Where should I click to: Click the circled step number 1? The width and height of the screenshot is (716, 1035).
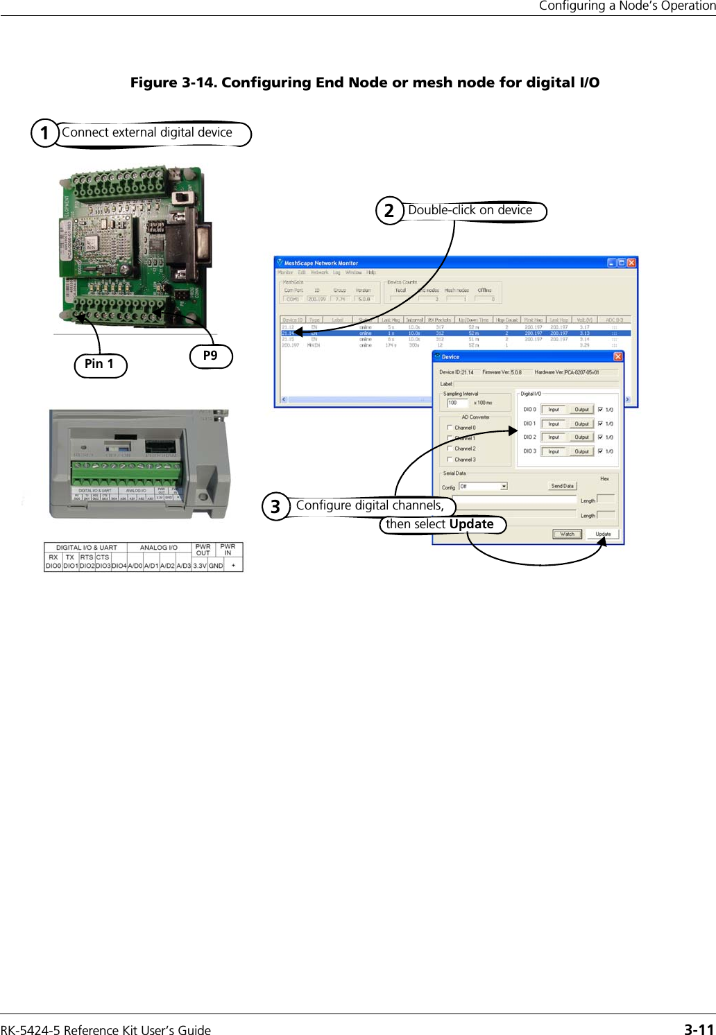[x=45, y=132]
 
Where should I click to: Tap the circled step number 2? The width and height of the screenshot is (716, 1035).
[x=389, y=210]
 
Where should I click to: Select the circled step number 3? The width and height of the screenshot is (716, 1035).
[x=275, y=506]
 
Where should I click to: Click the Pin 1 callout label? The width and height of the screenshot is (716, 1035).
[x=100, y=364]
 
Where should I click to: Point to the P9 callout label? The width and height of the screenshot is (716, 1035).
[x=210, y=356]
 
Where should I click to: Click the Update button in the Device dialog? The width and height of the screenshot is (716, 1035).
[x=603, y=534]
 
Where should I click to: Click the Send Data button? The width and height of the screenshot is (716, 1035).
[x=562, y=486]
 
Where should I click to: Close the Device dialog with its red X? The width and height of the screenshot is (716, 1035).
[x=617, y=357]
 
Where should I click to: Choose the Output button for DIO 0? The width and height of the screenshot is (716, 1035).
[x=581, y=410]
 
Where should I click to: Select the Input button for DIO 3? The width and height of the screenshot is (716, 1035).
[x=554, y=451]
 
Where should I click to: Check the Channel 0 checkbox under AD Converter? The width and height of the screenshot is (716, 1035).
[x=450, y=428]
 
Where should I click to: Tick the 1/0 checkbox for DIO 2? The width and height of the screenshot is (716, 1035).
[x=600, y=437]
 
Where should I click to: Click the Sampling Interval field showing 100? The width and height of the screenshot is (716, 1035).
[x=457, y=403]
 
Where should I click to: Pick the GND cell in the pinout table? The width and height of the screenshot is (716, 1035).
[x=216, y=566]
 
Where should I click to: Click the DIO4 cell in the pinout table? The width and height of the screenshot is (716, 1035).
[x=119, y=566]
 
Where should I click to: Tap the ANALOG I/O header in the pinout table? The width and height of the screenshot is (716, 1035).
[x=158, y=548]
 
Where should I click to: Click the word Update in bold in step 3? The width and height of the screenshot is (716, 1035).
[x=471, y=524]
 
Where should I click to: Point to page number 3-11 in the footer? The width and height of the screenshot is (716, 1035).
[x=699, y=1029]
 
